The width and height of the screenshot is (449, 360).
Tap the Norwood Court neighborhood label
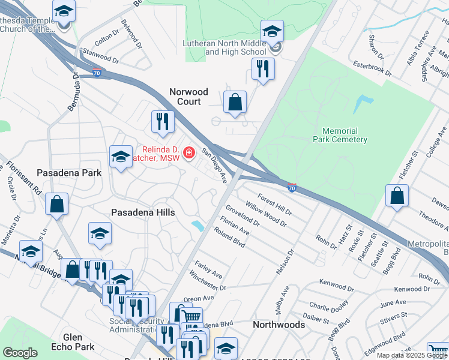188,97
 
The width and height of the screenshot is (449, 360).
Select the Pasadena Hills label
143,212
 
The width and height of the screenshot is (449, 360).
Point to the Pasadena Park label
69,172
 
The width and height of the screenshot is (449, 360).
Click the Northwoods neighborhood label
278,325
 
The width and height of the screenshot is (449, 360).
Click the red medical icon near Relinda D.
189,154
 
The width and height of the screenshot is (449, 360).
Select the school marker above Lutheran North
272,31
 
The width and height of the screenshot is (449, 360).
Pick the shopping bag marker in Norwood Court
235,103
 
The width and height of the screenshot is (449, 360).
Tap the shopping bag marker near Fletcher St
397,196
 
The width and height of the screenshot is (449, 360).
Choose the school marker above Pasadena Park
121,157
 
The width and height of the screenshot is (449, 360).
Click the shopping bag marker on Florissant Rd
56,204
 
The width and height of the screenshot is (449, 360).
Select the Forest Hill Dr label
274,204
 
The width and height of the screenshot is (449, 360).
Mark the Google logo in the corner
20,353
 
